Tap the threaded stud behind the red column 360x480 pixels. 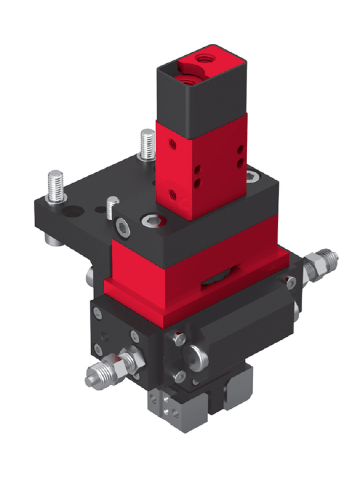click(x=147, y=144)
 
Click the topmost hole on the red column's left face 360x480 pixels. click(x=172, y=145)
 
